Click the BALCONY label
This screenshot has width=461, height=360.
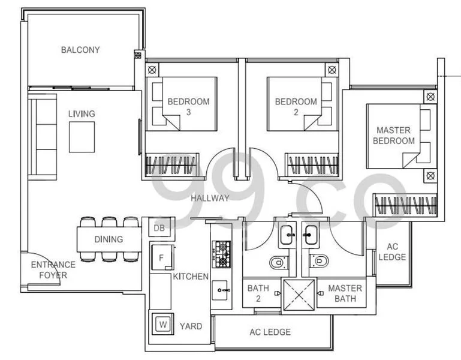80,50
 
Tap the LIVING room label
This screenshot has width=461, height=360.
81,113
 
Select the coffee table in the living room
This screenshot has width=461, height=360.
82,137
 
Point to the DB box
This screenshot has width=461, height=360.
159,228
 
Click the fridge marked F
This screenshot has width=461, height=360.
161,258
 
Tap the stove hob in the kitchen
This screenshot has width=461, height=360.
221,254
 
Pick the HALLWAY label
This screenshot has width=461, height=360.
210,198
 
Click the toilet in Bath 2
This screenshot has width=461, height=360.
277,263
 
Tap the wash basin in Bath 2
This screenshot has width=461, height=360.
285,234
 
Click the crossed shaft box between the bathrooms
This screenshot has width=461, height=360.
299,293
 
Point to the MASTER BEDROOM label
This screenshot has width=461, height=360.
393,135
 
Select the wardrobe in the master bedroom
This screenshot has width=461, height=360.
405,205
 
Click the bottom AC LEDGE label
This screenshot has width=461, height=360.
270,332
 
